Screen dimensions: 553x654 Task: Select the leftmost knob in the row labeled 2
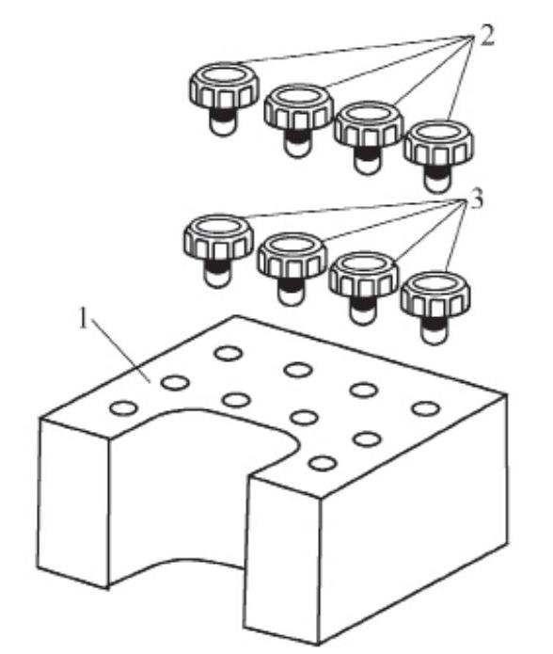(224, 99)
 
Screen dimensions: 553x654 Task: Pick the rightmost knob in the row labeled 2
(438, 155)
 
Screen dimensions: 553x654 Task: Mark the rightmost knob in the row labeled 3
(435, 308)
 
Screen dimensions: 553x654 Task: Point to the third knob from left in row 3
(363, 288)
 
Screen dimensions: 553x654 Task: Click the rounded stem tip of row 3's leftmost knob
(217, 279)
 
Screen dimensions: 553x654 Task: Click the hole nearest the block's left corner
(124, 407)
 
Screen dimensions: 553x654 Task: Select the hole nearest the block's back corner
(228, 353)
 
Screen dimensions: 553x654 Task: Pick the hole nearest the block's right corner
(425, 408)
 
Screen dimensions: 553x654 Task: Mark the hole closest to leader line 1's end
(175, 382)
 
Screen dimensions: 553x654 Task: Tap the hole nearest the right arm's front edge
(323, 463)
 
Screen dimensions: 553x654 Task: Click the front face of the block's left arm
(73, 501)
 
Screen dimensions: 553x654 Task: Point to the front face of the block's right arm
(282, 559)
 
